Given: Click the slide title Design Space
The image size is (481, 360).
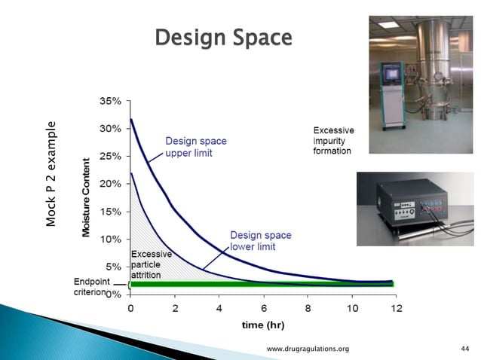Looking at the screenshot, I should point(222,38).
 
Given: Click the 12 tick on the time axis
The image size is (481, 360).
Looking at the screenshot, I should point(396,307).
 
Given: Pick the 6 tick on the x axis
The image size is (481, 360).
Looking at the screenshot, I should point(263,307).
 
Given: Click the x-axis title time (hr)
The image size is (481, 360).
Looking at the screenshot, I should point(264,325).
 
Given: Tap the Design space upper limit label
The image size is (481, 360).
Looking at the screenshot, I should point(196,147).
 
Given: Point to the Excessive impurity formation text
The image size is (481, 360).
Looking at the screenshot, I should point(332,141).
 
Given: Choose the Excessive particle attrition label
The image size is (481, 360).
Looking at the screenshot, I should point(152,265).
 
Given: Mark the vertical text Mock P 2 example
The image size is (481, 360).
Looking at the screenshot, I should point(51,174).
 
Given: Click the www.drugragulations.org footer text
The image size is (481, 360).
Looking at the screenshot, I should point(308,349).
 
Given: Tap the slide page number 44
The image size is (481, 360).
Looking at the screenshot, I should point(464,349).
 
